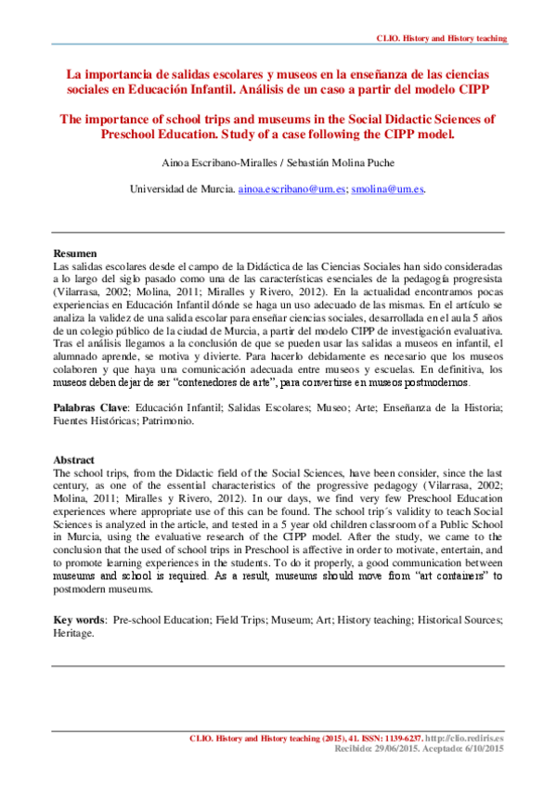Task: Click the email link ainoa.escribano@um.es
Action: (x=292, y=188)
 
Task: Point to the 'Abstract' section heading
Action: (x=73, y=460)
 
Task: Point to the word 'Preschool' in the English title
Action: (x=141, y=134)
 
